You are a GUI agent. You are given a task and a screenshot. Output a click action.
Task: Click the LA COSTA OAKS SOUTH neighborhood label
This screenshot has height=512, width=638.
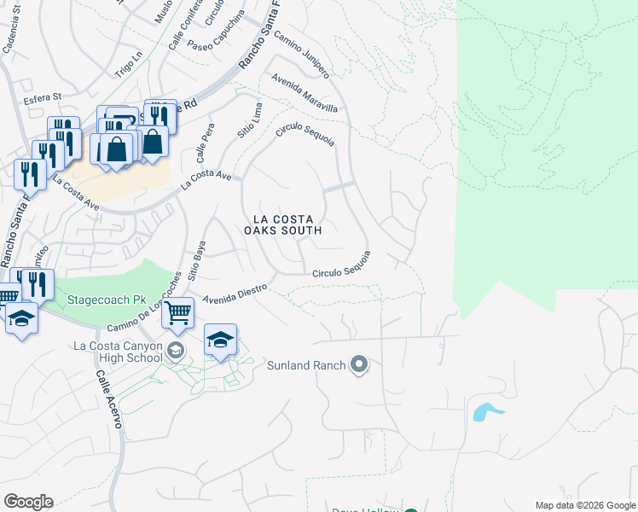[x=282, y=224]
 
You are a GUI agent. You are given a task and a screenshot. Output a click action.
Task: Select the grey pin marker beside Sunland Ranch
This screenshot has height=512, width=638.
[x=359, y=366]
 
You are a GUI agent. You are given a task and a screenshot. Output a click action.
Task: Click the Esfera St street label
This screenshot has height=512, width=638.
[x=44, y=98]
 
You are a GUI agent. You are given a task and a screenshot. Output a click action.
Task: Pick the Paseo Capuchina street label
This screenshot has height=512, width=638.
[x=217, y=43]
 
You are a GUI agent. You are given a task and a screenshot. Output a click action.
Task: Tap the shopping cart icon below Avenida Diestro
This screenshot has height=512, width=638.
[x=177, y=313]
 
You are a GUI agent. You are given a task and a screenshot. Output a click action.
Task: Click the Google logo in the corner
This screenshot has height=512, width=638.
[x=28, y=502]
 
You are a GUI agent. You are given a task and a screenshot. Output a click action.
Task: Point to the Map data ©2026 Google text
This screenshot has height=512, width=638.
[x=584, y=504]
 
